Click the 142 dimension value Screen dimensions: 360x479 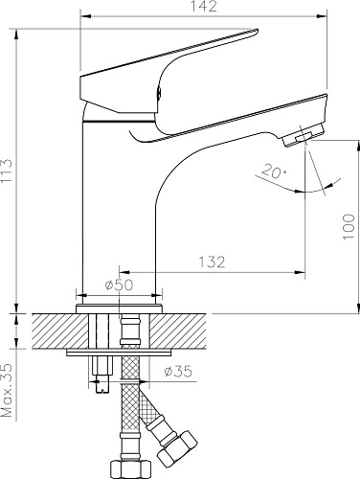pos(204,7)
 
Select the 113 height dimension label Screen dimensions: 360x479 pos(7,171)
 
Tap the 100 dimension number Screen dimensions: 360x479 pos(349,226)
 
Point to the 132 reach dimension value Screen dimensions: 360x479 pos(212,262)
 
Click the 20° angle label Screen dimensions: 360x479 pos(274,171)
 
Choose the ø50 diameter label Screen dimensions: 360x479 pos(119,285)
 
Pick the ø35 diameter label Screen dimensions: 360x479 pos(178,371)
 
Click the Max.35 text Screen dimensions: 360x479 pos(7,390)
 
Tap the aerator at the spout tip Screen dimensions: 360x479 pos(303,136)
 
